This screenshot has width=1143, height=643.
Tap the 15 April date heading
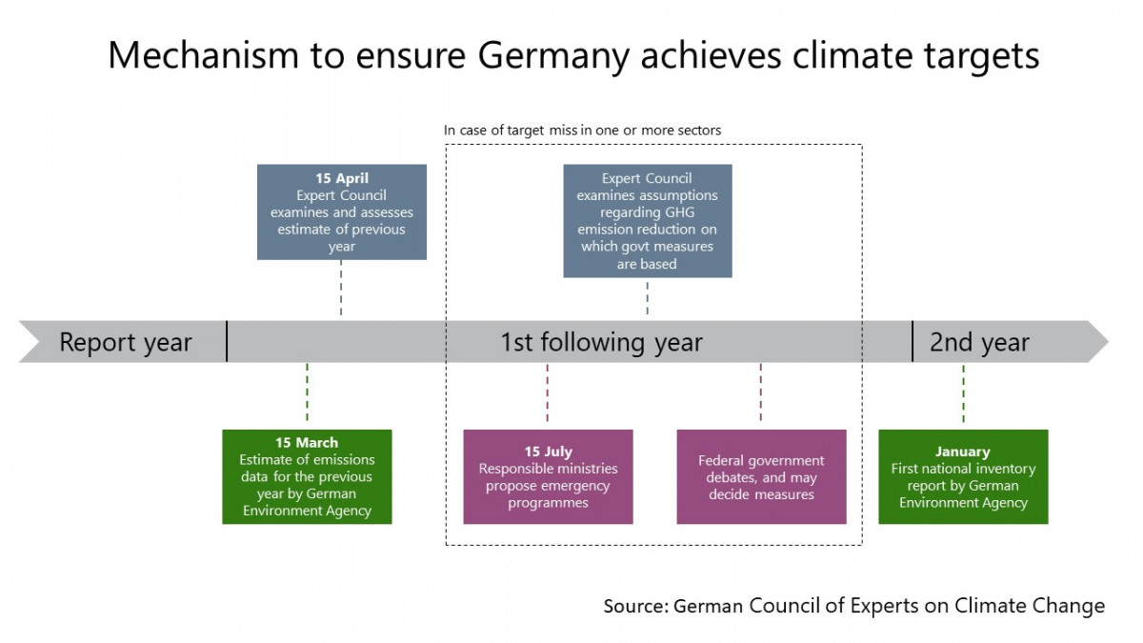(342, 178)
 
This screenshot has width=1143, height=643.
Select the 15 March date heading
(307, 443)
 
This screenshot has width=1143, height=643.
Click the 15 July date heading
(548, 452)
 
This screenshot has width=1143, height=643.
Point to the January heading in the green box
(963, 452)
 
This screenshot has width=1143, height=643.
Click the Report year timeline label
(126, 342)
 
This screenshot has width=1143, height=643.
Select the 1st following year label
(601, 342)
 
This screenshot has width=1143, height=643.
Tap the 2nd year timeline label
(979, 342)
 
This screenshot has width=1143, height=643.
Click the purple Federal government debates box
(761, 476)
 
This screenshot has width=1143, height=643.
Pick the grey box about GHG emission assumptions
(648, 221)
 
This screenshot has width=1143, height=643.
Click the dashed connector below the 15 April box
(341, 289)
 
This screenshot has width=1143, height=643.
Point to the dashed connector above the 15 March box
(307, 392)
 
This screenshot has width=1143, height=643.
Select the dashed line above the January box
(963, 392)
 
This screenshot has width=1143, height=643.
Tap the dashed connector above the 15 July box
(548, 392)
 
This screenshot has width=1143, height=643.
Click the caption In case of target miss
(582, 130)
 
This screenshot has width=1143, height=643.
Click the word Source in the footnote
(635, 606)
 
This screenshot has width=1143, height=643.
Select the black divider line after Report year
(227, 341)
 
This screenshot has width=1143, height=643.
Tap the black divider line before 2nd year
(912, 341)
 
